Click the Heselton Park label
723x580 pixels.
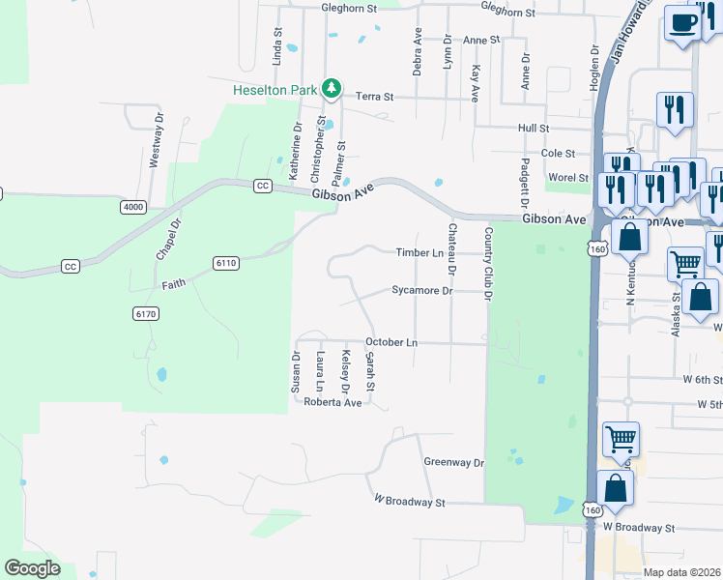[x=275, y=90]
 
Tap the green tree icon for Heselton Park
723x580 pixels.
[x=332, y=89]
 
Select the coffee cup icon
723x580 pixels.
[x=682, y=23]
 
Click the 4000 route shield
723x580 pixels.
[x=132, y=207]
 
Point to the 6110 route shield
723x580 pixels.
[x=226, y=262]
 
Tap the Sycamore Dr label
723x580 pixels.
[x=421, y=290]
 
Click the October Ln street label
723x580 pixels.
[x=390, y=342]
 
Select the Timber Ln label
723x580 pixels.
[x=419, y=252]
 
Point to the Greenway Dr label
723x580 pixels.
[x=453, y=462]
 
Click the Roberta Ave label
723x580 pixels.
[x=332, y=402]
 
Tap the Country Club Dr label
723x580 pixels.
[x=488, y=264]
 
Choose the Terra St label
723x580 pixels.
[x=375, y=97]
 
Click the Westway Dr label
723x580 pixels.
[x=156, y=141]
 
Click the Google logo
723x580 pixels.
[x=32, y=568]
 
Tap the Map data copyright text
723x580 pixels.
[x=682, y=572]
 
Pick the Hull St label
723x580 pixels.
[x=533, y=128]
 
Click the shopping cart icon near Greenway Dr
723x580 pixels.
[x=621, y=439]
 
